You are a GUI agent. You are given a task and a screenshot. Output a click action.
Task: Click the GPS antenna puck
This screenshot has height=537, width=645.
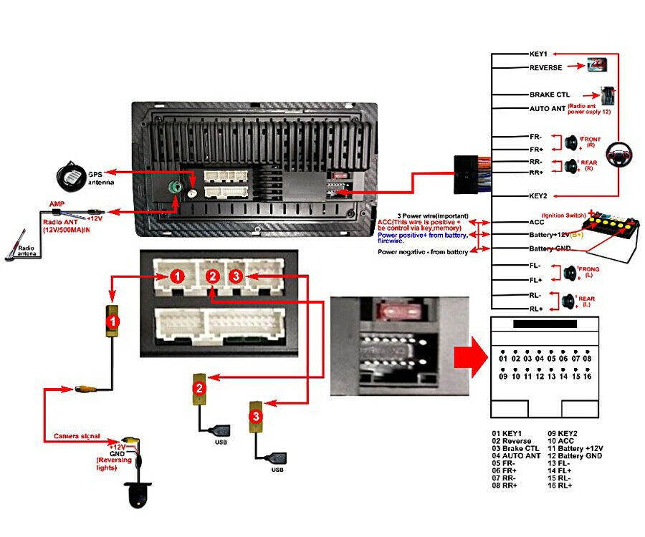click(72, 175)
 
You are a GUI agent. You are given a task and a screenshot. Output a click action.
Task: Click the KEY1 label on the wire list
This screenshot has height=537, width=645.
click(539, 54)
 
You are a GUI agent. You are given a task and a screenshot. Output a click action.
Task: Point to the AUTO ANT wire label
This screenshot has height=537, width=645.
click(548, 109)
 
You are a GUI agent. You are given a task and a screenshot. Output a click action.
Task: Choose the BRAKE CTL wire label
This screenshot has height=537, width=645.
click(550, 95)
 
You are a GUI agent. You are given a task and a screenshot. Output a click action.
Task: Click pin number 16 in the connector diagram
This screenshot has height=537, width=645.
click(588, 376)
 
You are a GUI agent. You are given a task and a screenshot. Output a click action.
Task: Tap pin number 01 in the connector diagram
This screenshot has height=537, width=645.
click(503, 358)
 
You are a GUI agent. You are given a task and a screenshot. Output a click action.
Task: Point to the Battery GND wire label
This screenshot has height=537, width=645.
click(550, 248)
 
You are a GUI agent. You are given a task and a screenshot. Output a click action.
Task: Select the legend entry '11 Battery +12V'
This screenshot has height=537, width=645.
click(575, 448)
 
